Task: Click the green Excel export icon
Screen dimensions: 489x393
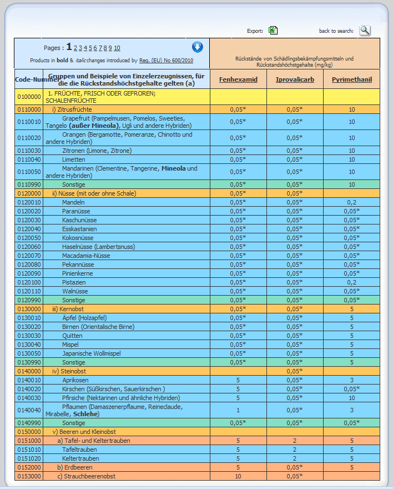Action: (x=273, y=31)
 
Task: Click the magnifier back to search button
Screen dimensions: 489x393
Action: (x=365, y=31)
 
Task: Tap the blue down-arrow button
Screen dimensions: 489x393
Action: (x=198, y=47)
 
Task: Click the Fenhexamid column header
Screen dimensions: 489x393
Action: (x=238, y=79)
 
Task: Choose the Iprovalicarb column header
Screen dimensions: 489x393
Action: (x=295, y=79)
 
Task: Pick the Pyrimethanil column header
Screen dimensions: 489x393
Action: (x=352, y=79)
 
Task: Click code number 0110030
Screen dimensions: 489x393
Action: (x=29, y=151)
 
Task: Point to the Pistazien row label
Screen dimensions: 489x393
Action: (x=74, y=282)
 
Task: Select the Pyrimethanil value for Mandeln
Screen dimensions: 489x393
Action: (x=351, y=202)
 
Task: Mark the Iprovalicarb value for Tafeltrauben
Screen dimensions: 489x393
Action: (x=295, y=450)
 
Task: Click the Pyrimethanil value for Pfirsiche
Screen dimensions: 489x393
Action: (x=351, y=398)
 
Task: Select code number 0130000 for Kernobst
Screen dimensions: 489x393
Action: (x=29, y=309)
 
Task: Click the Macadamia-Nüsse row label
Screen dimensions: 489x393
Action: (x=86, y=256)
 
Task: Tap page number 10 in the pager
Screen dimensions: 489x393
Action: (x=117, y=48)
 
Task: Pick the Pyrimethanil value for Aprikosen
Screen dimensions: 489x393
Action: (x=351, y=380)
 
